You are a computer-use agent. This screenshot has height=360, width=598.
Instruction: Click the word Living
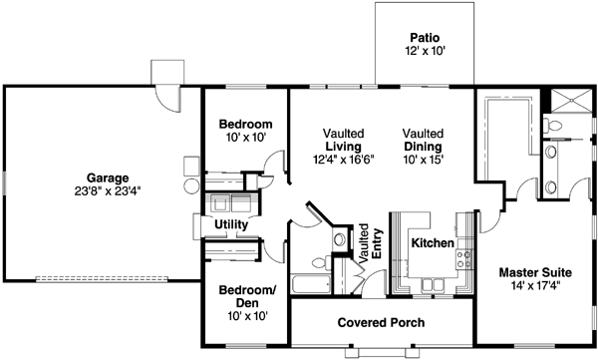343,147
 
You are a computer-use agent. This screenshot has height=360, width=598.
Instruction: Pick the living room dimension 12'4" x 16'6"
343,160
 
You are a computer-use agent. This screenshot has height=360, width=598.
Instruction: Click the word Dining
423,147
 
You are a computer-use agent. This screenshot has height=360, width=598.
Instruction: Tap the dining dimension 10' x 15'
423,160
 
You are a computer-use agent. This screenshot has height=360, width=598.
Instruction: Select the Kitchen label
433,243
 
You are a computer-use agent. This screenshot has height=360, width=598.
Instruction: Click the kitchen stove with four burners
463,260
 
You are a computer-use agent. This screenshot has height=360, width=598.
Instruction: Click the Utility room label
230,225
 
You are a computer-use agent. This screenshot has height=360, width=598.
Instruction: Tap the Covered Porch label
381,323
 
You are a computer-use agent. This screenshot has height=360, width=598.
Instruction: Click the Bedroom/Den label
238,296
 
